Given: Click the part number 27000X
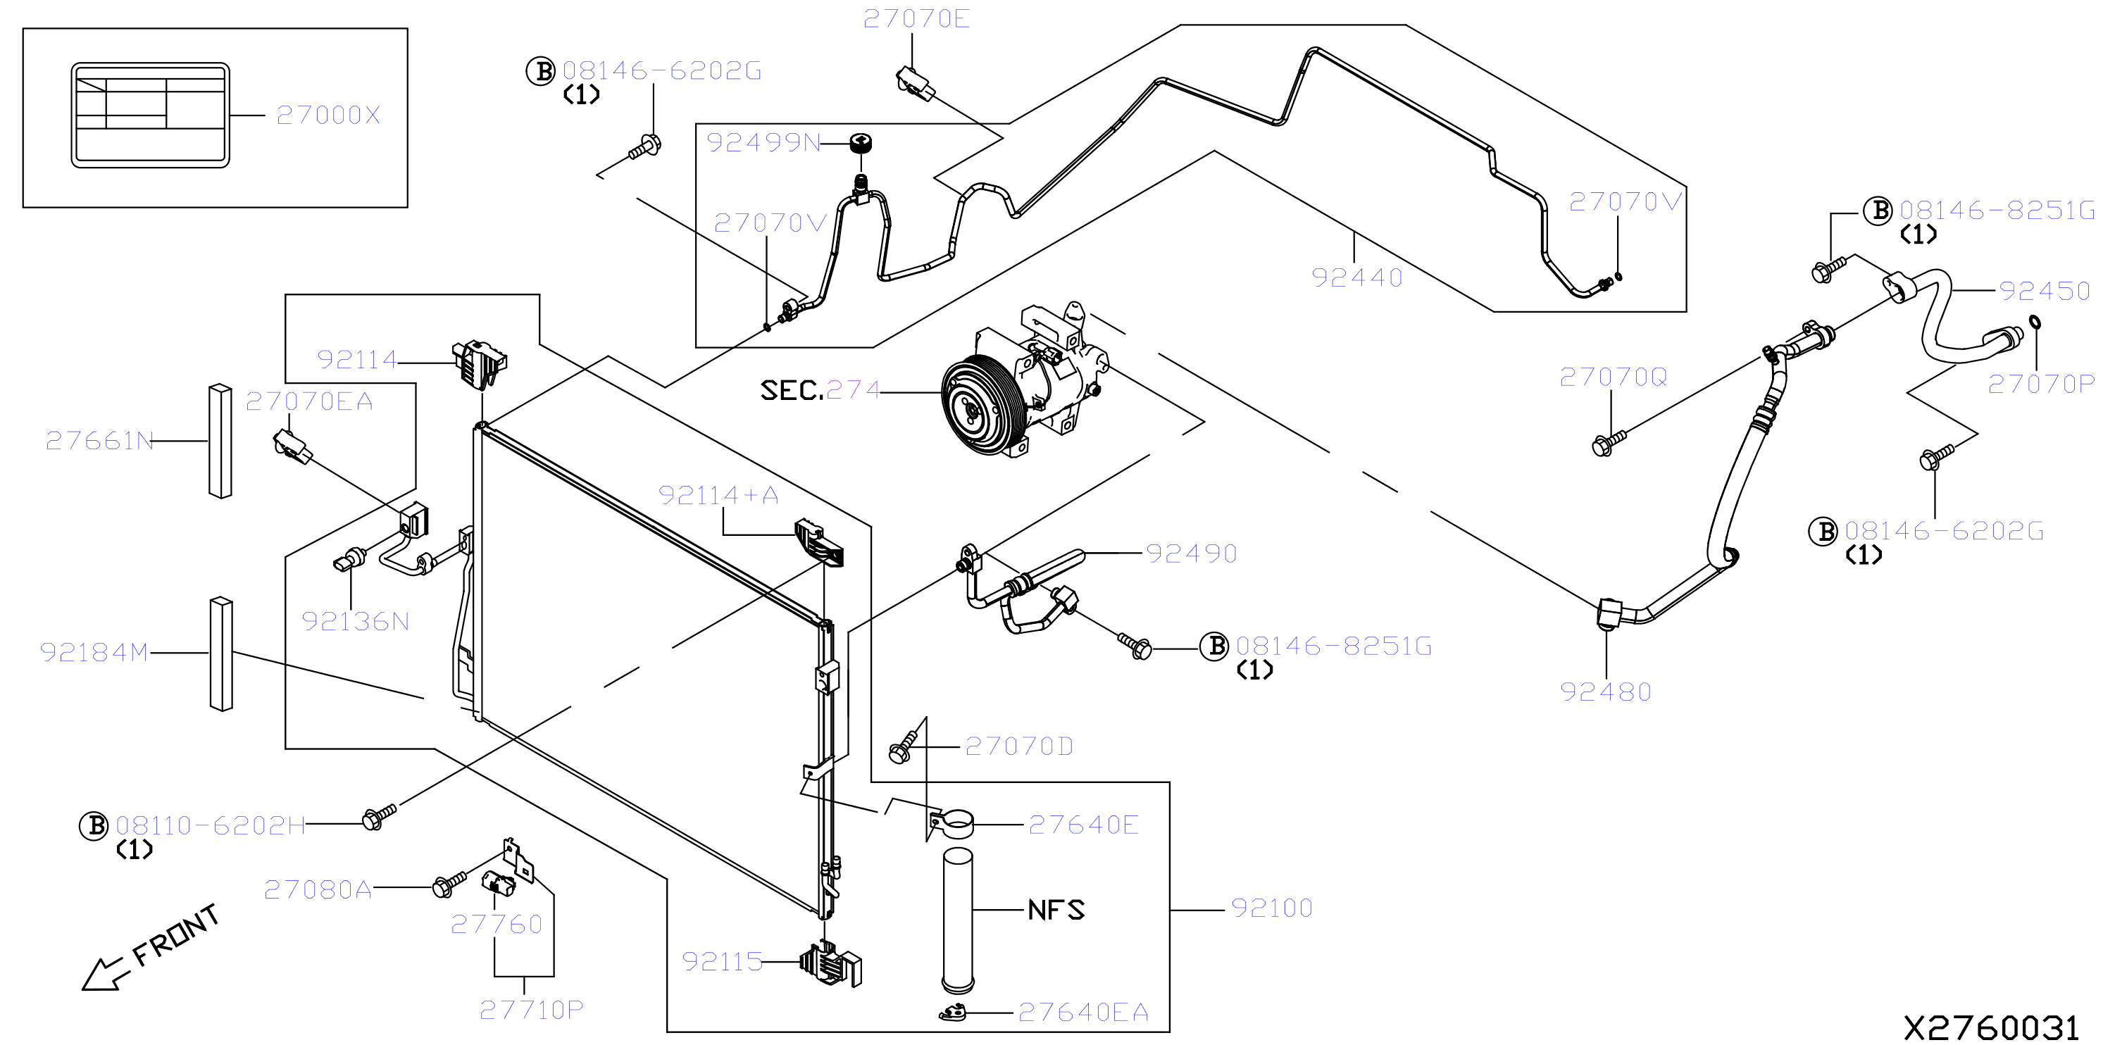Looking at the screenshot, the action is tap(328, 115).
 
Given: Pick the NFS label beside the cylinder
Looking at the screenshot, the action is tap(1056, 910).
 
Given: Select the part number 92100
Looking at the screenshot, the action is tap(1271, 908).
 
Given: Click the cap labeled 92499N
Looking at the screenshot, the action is tap(860, 144).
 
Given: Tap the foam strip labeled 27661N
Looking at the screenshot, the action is tap(220, 441).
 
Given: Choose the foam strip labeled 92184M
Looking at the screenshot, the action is tap(221, 655).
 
